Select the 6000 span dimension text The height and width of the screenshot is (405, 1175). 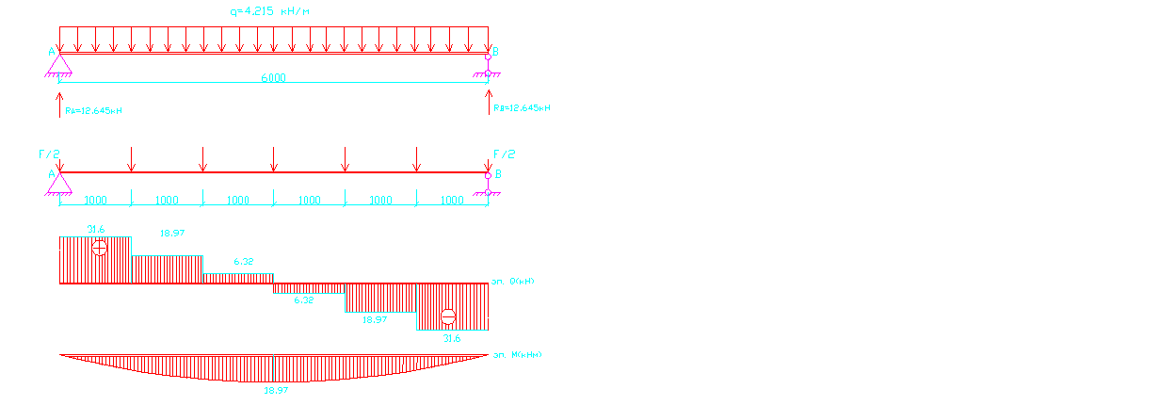(x=273, y=78)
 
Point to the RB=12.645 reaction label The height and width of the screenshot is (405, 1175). (x=522, y=108)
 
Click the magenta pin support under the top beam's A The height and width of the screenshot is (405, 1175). (x=59, y=64)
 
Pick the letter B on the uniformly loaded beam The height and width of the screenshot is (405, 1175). (x=496, y=51)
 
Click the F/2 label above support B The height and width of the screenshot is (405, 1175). (x=505, y=154)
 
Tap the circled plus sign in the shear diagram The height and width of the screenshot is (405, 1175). (x=100, y=248)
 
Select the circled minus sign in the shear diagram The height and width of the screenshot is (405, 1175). (x=448, y=316)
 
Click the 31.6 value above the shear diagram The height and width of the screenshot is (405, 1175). (x=96, y=230)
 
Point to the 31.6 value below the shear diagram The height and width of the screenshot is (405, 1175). (x=452, y=338)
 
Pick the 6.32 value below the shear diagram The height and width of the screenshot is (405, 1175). (x=303, y=300)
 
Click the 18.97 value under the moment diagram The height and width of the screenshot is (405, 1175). (x=275, y=390)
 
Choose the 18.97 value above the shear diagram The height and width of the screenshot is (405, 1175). (x=172, y=233)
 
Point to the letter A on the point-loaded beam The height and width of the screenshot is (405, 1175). (x=51, y=174)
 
